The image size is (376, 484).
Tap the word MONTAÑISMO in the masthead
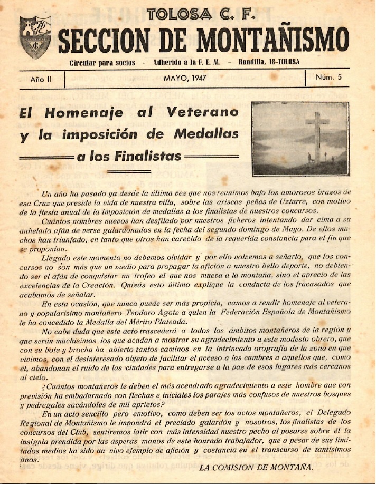276,40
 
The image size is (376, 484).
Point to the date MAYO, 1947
185,78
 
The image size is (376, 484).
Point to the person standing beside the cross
309,157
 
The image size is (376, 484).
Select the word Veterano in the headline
202,112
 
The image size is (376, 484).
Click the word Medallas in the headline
206,134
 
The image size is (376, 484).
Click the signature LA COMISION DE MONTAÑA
256,467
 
